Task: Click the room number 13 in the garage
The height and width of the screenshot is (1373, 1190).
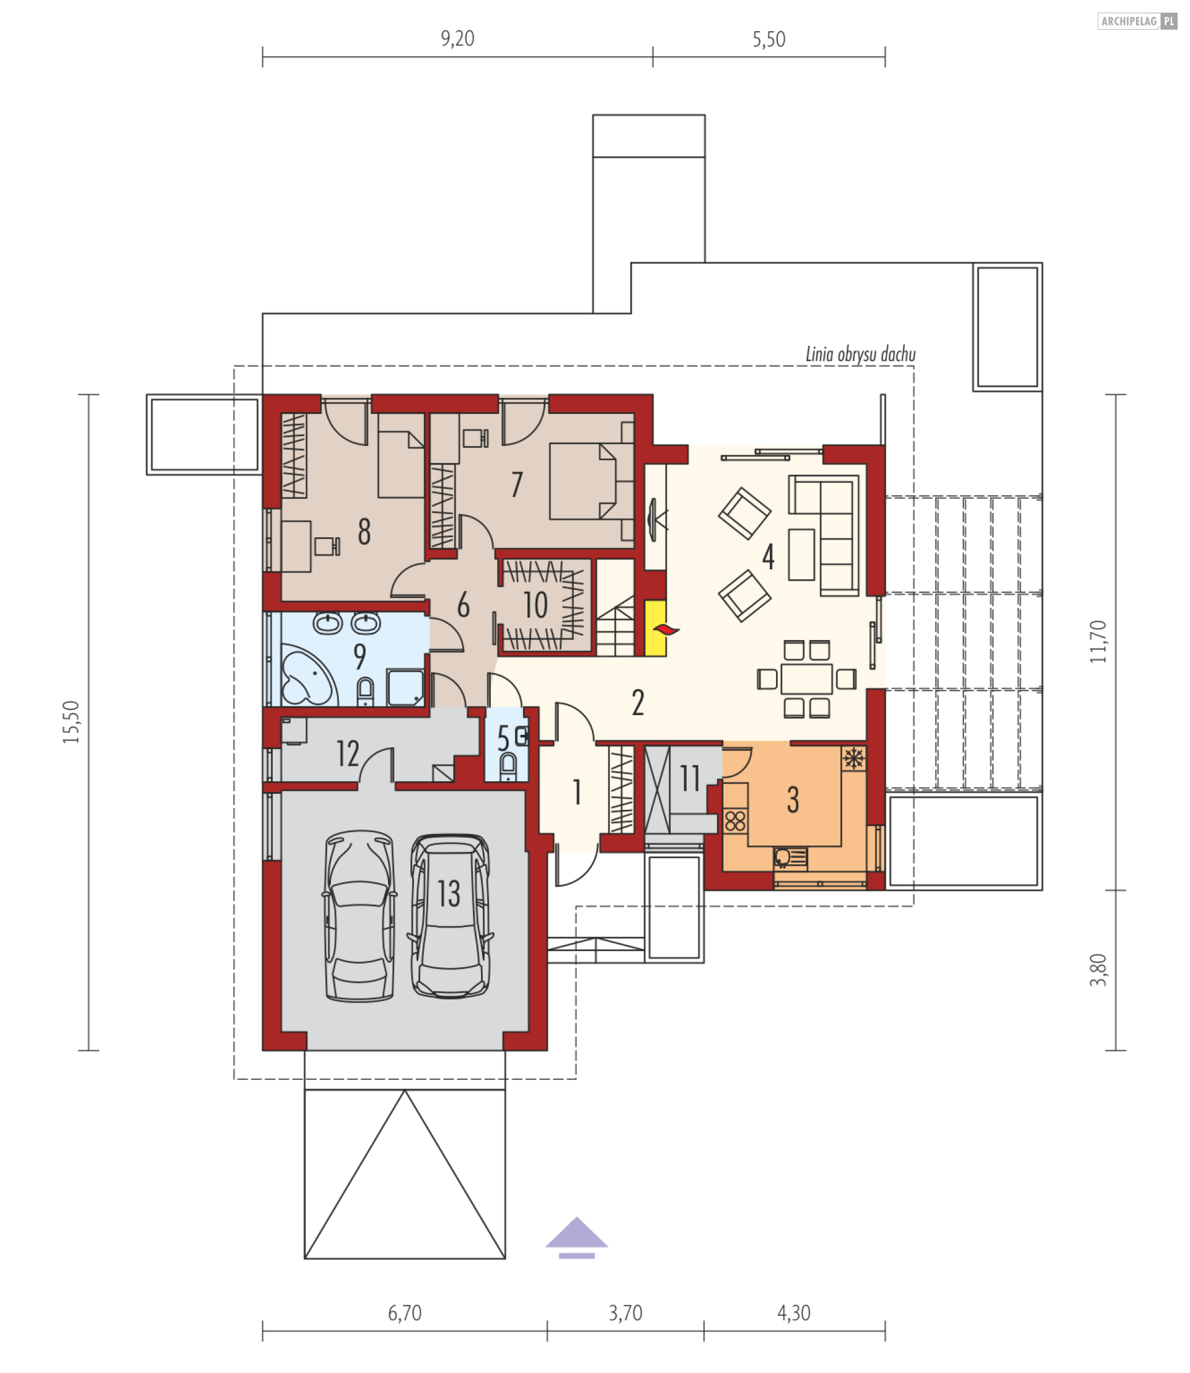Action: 449,893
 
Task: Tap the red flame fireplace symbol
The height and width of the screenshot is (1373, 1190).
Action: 666,629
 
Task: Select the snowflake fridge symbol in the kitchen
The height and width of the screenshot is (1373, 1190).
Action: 853,757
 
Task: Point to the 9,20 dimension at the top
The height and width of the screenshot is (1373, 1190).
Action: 457,38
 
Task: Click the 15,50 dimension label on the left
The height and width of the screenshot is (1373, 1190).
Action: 71,722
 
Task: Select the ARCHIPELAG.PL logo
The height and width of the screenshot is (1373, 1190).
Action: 1136,21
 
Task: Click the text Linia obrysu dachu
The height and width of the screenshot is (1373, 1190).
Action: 860,354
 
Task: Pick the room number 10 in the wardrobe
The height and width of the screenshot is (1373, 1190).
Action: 536,605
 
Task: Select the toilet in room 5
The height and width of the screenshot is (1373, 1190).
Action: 508,766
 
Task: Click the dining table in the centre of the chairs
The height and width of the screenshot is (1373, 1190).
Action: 806,678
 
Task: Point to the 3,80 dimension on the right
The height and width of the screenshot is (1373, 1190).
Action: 1099,970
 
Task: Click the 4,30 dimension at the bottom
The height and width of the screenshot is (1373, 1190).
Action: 793,1312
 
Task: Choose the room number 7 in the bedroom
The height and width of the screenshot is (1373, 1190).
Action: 517,484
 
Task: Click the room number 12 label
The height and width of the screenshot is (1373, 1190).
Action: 347,753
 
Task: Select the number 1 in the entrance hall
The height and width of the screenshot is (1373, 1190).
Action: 577,792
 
